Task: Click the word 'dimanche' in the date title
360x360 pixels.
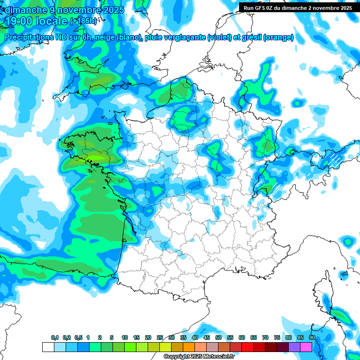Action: tap(24, 10)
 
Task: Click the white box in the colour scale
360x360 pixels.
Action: tap(48, 347)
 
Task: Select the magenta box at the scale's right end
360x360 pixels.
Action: tap(306, 347)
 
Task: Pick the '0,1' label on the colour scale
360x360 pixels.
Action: tap(55, 338)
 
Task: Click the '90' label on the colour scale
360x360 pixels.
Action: tap(312, 338)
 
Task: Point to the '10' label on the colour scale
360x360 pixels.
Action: tap(125, 338)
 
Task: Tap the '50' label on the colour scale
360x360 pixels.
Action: tap(218, 338)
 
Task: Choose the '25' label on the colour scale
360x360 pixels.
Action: tap(160, 338)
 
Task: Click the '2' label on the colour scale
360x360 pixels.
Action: tap(100, 338)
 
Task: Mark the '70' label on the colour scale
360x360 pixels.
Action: tap(265, 338)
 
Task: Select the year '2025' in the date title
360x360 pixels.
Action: tap(111, 10)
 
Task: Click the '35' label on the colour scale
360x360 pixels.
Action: tap(183, 338)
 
